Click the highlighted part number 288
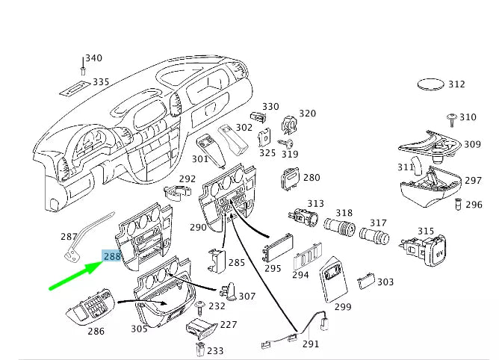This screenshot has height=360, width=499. coord(112,256)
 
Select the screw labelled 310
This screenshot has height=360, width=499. coord(452,118)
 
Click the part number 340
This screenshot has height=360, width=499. coord(93,58)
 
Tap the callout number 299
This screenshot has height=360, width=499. coord(343,306)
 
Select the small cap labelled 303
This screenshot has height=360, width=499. coord(365,280)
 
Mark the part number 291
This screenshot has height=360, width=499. coord(310,344)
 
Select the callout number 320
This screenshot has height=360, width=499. coord(307,114)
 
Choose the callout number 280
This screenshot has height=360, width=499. coord(312,178)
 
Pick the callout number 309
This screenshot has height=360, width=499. coord(472,145)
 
